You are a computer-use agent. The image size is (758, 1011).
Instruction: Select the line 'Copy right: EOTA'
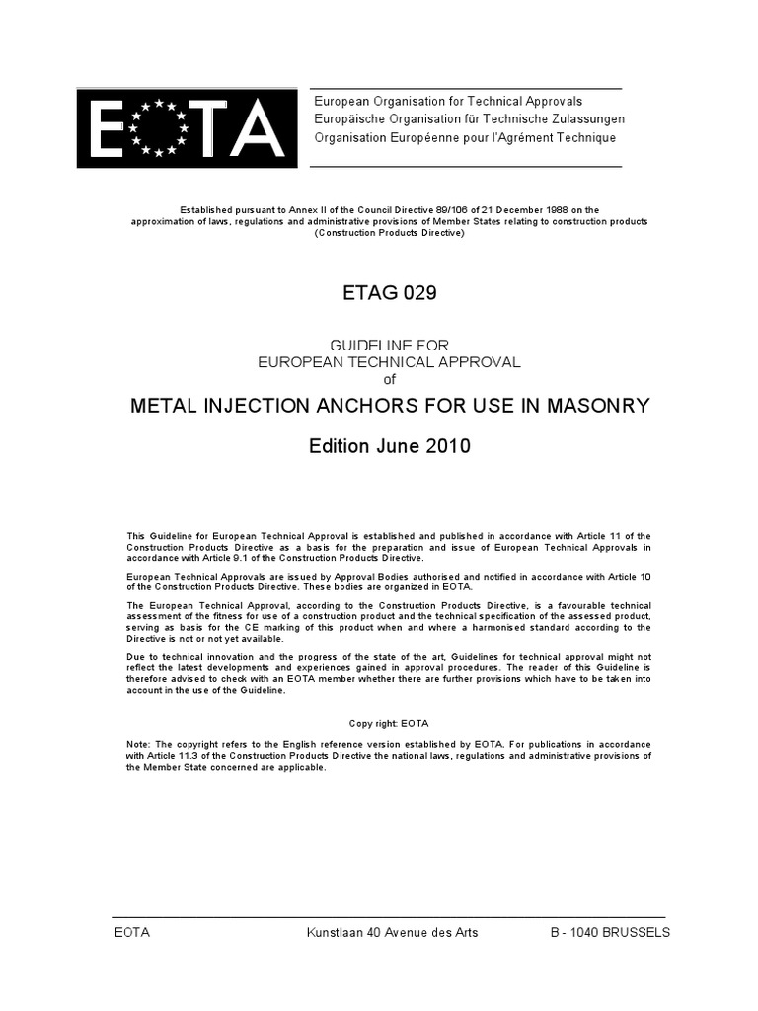click(x=389, y=723)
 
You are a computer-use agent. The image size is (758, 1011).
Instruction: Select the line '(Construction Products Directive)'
click(x=389, y=232)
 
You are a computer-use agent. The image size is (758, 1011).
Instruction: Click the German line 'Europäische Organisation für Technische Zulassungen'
click(x=469, y=119)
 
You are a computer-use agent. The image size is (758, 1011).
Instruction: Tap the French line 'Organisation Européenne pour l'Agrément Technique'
click(x=464, y=137)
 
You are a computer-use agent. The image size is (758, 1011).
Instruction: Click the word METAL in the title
click(x=161, y=407)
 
